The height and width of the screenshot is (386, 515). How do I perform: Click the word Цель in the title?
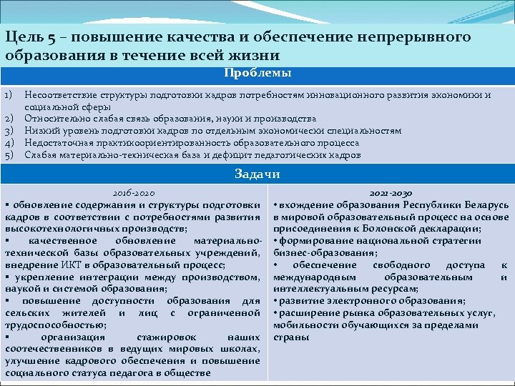click(22, 37)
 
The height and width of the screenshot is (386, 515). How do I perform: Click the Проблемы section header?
click(257, 73)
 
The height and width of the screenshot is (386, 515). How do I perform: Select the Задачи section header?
click(257, 174)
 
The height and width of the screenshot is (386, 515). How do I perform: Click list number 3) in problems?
click(9, 130)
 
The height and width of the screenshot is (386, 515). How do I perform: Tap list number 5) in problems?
click(9, 154)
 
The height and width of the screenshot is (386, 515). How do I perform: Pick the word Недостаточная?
click(57, 142)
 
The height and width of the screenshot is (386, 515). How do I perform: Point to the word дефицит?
click(221, 154)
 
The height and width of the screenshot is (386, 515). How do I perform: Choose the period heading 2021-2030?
click(391, 193)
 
